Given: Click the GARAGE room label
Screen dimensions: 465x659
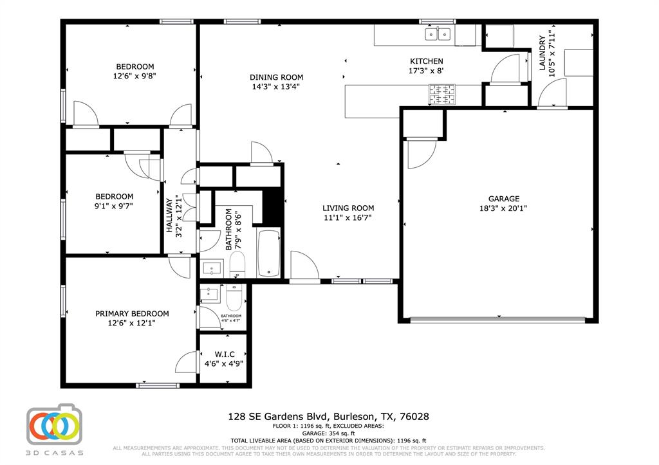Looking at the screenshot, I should tap(503, 199).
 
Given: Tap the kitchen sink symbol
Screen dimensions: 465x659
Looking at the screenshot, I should tap(438, 34).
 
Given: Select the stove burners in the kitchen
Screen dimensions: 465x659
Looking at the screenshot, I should tap(443, 95).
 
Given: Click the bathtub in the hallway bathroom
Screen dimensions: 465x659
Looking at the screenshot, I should tap(268, 253).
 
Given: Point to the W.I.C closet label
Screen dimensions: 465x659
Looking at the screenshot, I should tap(224, 354).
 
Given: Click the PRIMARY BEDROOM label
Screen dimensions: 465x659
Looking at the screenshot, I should tap(132, 314).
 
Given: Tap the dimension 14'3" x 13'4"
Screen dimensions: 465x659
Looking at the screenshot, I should tap(276, 86).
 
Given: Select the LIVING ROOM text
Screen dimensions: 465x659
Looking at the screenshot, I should tap(348, 208).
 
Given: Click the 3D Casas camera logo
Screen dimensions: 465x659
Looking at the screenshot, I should tap(55, 425).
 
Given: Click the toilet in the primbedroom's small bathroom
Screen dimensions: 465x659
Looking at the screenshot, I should tap(233, 296).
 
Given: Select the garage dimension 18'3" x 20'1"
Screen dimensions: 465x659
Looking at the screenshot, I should tap(503, 208).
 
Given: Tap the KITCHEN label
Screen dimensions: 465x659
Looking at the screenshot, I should tap(426, 61).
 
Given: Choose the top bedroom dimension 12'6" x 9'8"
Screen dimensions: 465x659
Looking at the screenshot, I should tap(135, 75).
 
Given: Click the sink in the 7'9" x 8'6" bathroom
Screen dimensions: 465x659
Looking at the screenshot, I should tap(212, 268).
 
